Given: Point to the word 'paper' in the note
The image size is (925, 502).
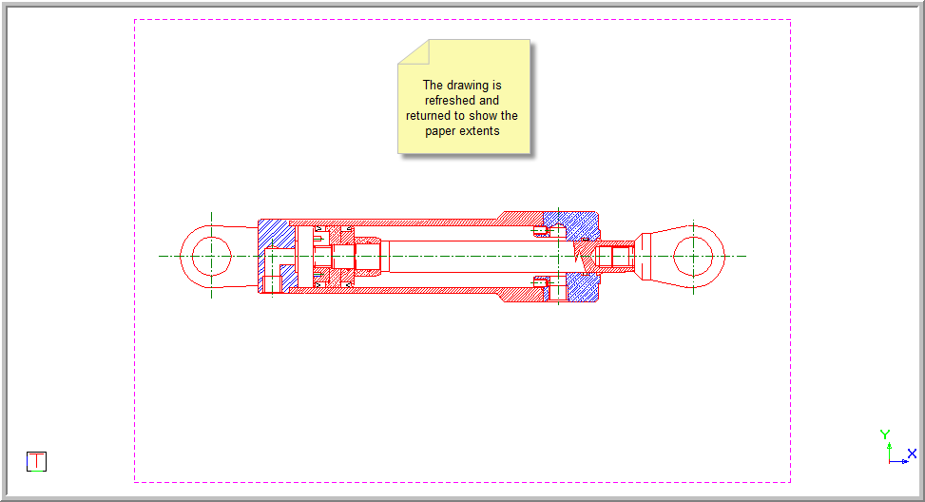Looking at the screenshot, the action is pyautogui.click(x=441, y=131).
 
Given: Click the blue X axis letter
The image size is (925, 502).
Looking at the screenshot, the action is pyautogui.click(x=912, y=454).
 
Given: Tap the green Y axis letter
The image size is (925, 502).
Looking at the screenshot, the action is pyautogui.click(x=885, y=434).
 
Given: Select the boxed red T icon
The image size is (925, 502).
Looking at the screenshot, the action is pyautogui.click(x=36, y=461).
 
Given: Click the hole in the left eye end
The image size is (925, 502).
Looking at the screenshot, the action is pyautogui.click(x=211, y=256).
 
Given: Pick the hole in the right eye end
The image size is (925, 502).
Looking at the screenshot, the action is pyautogui.click(x=693, y=256).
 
